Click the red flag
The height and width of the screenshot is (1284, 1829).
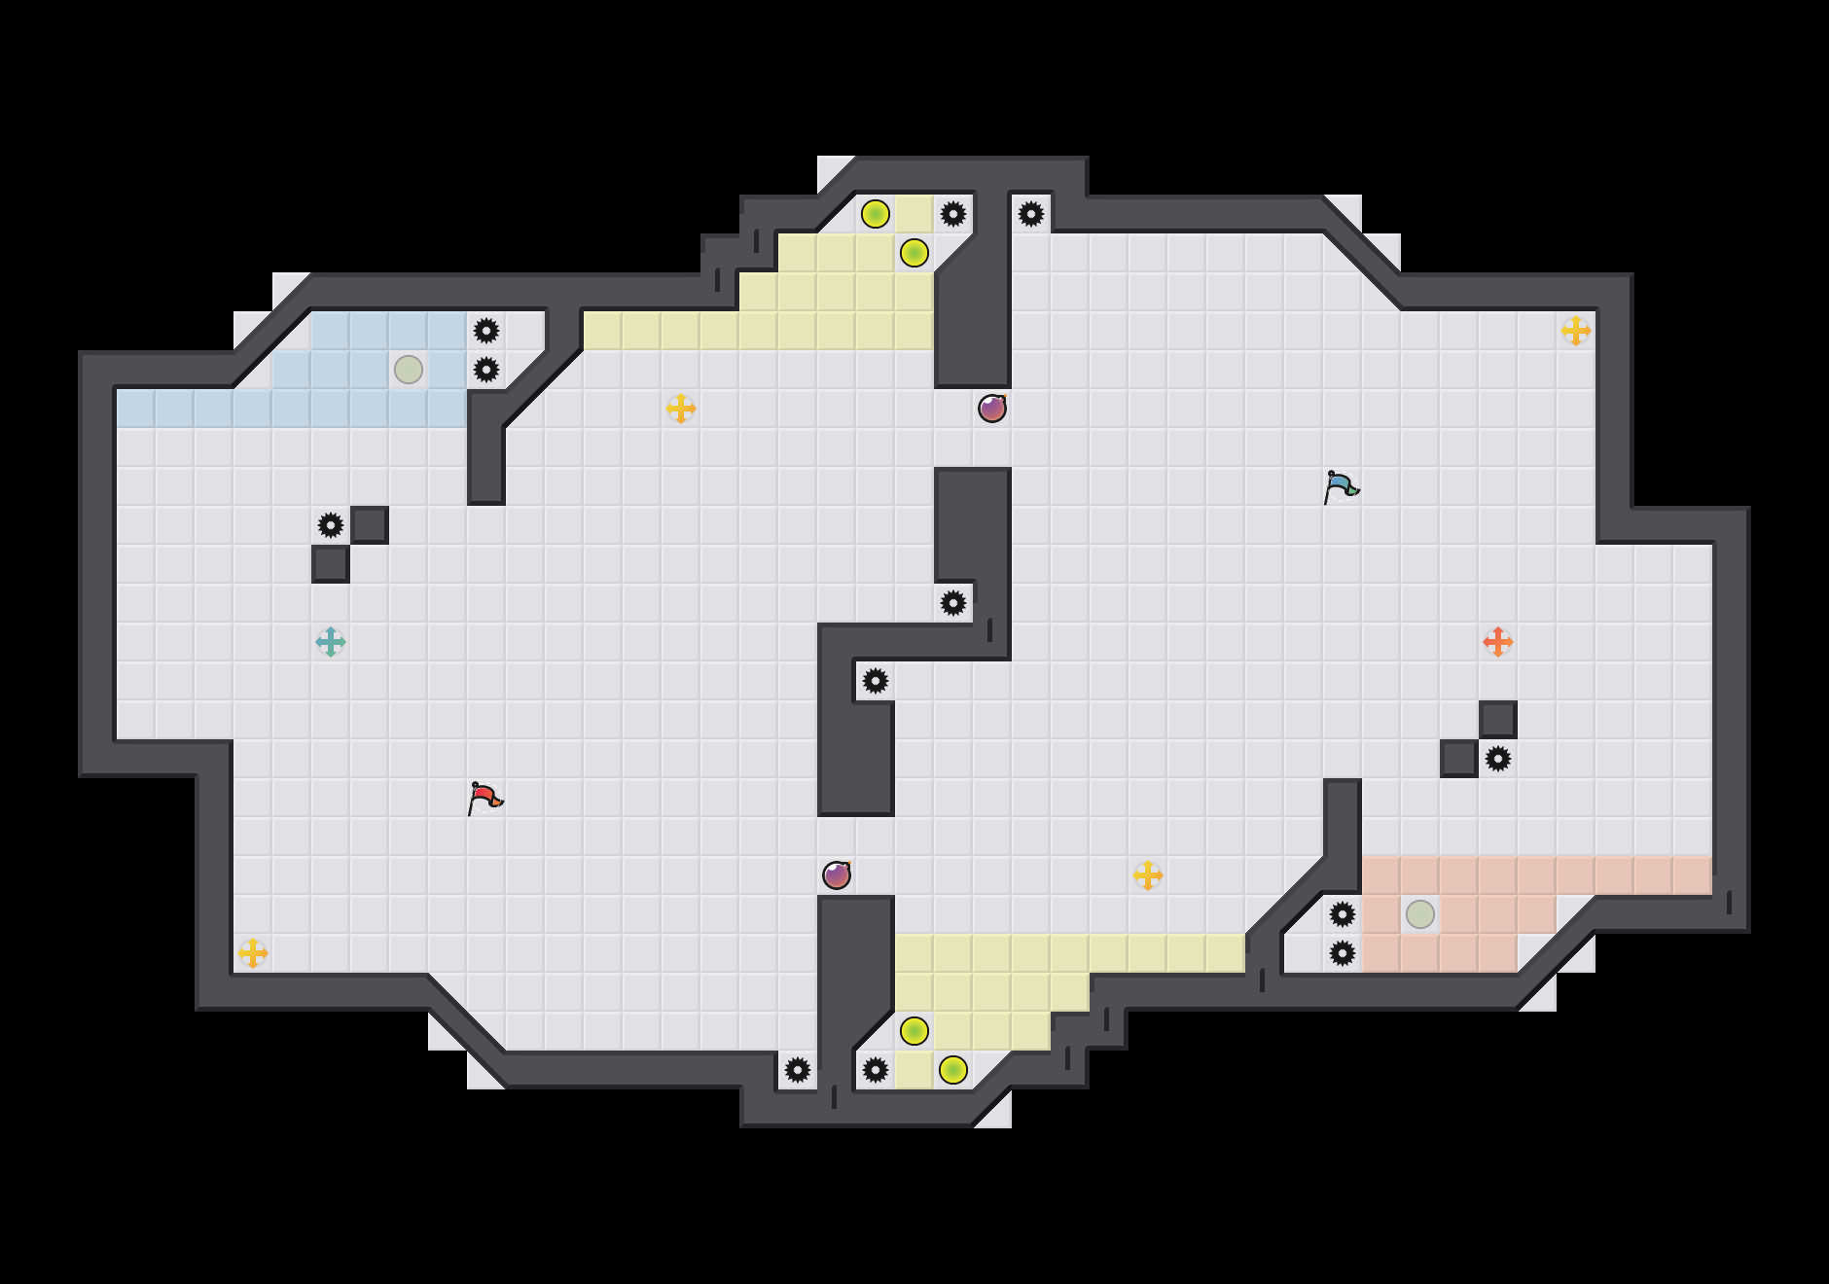[x=484, y=798]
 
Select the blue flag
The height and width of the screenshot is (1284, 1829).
[x=1341, y=486]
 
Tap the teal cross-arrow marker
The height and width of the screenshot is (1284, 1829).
[x=331, y=642]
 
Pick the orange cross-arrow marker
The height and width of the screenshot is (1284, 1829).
[x=1498, y=642]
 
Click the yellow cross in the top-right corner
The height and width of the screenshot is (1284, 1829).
[x=1576, y=331]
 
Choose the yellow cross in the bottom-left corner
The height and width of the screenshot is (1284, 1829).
[x=253, y=953]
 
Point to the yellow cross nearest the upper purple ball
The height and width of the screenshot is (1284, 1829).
[x=681, y=409]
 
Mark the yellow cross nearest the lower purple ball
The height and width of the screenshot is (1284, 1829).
[x=1148, y=875]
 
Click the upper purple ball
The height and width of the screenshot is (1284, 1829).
[x=992, y=409]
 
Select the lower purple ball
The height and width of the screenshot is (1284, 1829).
[x=837, y=875]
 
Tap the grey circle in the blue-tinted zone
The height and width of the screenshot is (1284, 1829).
[x=409, y=370]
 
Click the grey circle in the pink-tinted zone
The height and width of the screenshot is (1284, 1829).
[x=1420, y=914]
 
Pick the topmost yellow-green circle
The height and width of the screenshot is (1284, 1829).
[x=876, y=214]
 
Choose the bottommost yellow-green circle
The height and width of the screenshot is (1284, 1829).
[x=953, y=1070]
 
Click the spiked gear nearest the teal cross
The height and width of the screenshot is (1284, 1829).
[x=331, y=525]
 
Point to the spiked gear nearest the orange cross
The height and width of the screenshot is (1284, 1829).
[x=1498, y=759]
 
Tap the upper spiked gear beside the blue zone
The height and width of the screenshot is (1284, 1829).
[x=486, y=331]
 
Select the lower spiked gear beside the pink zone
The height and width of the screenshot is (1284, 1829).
[x=1343, y=953]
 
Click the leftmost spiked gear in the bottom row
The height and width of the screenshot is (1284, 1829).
[x=798, y=1070]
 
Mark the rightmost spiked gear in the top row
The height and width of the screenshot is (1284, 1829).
[x=1031, y=214]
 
